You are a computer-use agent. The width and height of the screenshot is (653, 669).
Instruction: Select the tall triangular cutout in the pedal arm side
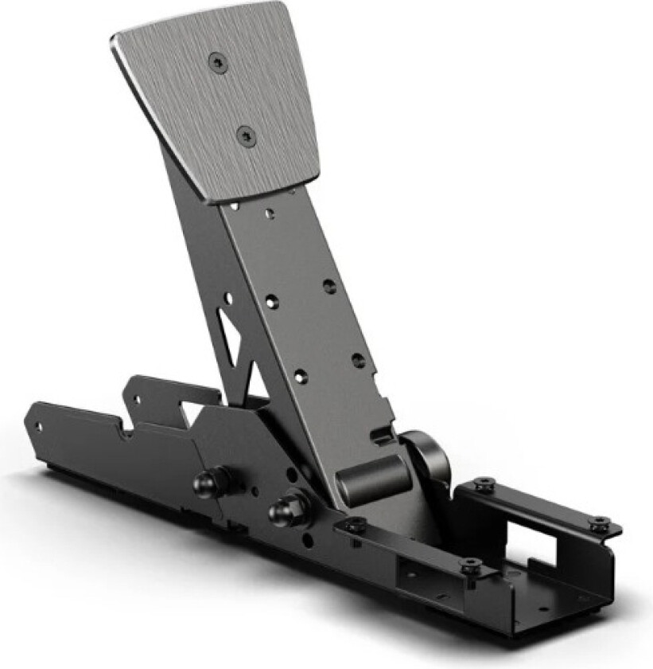point(230,335)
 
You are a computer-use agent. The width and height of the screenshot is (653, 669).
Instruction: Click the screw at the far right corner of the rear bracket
point(597,522)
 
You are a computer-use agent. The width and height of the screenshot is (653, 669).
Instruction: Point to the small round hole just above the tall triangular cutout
point(229,298)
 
